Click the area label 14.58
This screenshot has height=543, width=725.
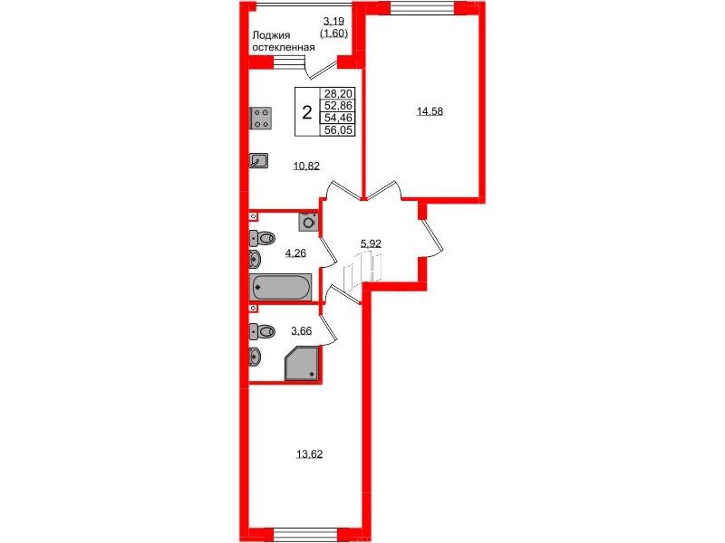click(430, 112)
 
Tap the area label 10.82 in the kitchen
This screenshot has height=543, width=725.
click(306, 166)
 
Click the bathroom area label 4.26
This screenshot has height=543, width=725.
click(295, 253)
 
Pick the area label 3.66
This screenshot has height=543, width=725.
click(301, 331)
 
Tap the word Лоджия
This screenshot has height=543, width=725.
click(269, 37)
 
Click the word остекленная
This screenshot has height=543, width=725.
click(284, 49)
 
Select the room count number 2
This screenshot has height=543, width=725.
click(308, 113)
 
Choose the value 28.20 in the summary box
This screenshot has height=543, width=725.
click(339, 93)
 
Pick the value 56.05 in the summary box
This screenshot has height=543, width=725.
click(339, 129)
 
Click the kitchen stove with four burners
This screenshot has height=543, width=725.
click(261, 118)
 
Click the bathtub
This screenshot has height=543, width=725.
click(279, 288)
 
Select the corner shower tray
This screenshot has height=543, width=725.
click(302, 364)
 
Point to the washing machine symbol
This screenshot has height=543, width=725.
click(308, 220)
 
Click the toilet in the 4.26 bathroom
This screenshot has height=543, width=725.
click(265, 239)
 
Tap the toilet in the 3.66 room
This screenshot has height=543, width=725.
click(264, 329)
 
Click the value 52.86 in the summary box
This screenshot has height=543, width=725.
click(339, 105)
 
